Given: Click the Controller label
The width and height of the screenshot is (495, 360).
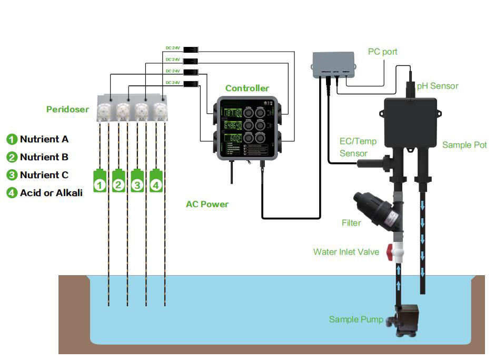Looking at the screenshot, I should [x=247, y=88].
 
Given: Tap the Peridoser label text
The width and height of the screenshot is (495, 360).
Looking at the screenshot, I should [x=67, y=110].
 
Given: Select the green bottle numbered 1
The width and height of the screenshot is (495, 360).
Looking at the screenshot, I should [x=100, y=181].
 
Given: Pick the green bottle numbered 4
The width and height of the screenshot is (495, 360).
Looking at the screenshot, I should [x=156, y=181].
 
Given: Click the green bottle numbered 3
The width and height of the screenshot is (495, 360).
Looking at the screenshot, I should [x=137, y=181].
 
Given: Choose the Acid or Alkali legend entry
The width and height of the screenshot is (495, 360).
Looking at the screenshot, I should [x=51, y=193].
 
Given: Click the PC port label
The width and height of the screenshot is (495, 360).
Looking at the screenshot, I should [x=382, y=52].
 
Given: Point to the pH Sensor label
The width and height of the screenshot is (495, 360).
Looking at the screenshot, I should [x=437, y=86].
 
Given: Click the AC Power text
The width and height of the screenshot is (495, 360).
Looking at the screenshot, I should [x=207, y=204].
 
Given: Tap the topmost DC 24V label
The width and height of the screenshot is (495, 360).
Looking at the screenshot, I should [x=173, y=48].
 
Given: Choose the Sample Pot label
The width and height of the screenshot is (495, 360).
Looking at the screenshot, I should [x=464, y=144].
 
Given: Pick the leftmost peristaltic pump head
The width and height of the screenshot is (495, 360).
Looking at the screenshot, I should [x=105, y=110].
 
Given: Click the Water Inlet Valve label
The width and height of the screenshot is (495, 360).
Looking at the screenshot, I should [x=346, y=252].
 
